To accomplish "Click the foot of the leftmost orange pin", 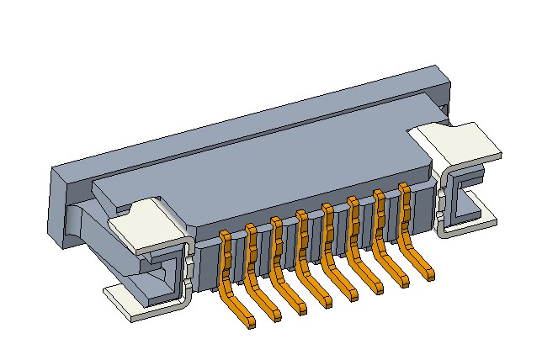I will [243, 317].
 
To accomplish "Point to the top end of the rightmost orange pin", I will [404, 188].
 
